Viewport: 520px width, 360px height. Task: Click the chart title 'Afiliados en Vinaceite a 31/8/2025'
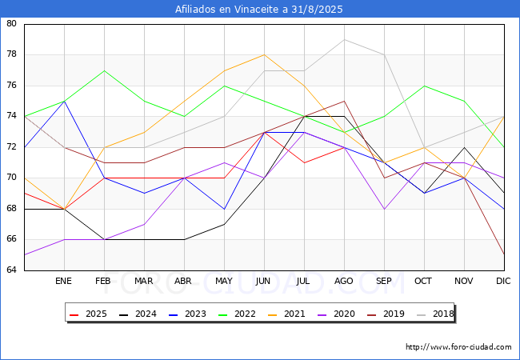[258, 10]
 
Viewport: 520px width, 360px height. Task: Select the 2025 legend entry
[88, 314]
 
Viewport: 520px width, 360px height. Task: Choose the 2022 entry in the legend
[237, 314]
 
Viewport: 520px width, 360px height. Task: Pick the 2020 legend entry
[336, 314]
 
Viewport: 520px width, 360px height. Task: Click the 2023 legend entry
[187, 314]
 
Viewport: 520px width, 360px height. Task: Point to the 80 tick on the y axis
[11, 23]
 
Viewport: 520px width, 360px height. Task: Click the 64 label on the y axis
[11, 270]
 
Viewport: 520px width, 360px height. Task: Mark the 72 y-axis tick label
[11, 146]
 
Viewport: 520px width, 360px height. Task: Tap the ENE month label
[63, 281]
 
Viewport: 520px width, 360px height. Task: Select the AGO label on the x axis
[343, 281]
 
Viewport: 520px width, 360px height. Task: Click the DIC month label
[503, 281]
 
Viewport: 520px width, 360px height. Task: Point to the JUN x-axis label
[263, 281]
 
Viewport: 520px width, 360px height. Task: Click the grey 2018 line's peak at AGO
[344, 39]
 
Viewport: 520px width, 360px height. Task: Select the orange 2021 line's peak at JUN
[264, 54]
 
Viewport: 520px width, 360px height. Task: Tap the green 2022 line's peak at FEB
[105, 70]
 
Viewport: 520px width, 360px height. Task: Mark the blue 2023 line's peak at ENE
[64, 101]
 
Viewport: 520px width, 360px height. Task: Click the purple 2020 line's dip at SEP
[384, 209]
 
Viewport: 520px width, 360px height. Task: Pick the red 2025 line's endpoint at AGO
[344, 147]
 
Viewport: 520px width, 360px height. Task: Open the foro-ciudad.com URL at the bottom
[458, 347]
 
